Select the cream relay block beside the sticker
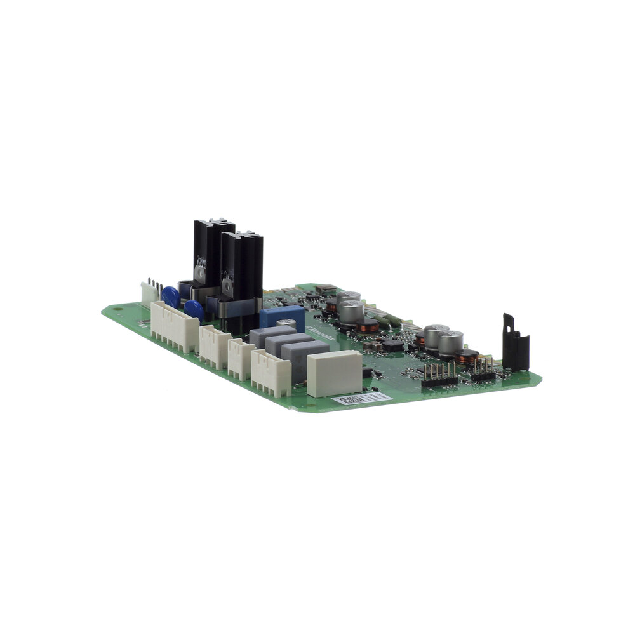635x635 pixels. click(334, 373)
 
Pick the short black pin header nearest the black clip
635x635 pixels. click(483, 375)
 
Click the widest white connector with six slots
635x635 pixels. click(175, 326)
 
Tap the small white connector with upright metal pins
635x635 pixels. click(150, 293)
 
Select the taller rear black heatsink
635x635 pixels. click(211, 254)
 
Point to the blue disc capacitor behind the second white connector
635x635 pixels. click(194, 309)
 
